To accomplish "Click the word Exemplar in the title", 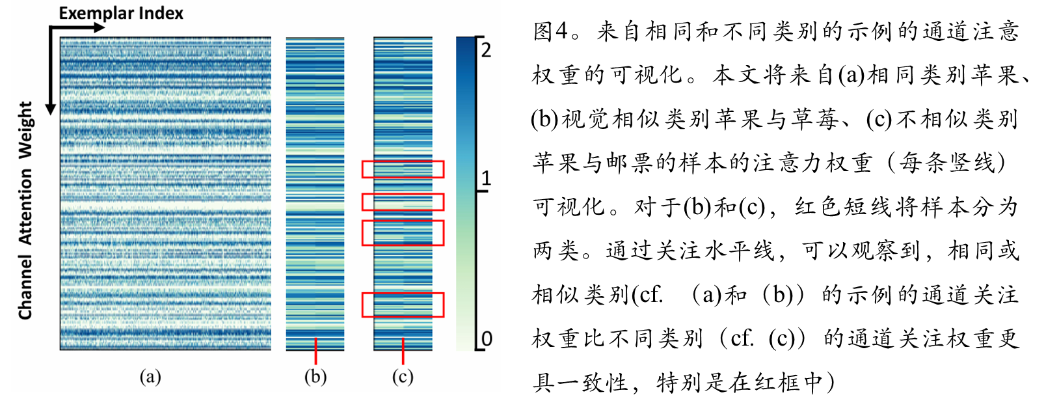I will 96,13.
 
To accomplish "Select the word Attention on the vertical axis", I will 25,207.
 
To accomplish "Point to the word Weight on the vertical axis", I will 25,130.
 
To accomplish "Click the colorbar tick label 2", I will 486,49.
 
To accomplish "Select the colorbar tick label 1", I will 486,178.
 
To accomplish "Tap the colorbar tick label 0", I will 486,338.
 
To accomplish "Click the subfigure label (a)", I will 150,377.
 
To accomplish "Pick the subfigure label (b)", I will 315,377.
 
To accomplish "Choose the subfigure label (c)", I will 403,377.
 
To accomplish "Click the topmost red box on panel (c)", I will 403,169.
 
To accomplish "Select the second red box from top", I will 403,202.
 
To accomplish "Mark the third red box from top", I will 403,233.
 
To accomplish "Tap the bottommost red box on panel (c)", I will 403,305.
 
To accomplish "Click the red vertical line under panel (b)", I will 315,351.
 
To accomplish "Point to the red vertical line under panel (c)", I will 403,351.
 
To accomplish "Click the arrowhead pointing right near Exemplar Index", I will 99,27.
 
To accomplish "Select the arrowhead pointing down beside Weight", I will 51,108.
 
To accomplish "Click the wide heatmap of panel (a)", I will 165,193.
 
